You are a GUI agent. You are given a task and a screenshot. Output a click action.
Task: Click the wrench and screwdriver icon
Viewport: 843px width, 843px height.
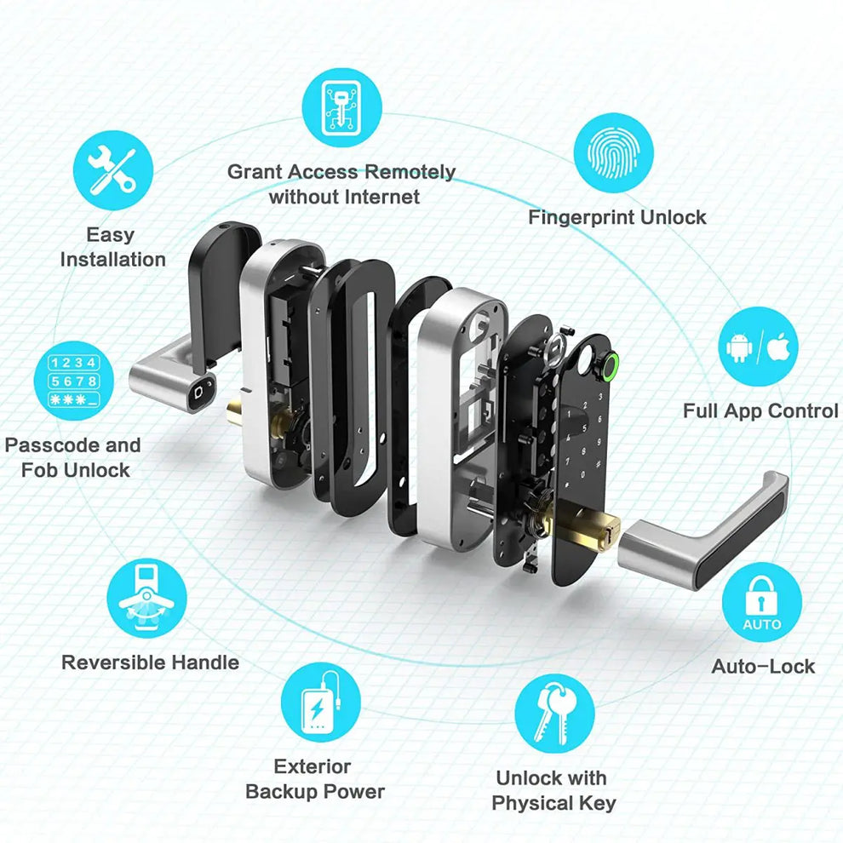pos(113,169)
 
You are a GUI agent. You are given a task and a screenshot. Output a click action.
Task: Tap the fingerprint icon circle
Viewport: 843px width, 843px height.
pos(612,152)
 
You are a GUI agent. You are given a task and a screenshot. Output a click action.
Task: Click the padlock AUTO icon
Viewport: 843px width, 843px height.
pos(761,603)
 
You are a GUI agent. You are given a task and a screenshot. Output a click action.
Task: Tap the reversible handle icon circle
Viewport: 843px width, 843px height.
pos(147,598)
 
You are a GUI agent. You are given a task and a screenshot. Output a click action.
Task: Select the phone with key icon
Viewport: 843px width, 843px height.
pos(341,108)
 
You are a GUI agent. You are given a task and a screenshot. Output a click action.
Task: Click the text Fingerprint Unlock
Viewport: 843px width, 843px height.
pos(616,217)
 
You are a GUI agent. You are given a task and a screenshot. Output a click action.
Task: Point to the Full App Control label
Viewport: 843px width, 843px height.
pos(760,411)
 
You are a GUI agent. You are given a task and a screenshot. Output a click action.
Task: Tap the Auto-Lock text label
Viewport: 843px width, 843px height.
pos(763,666)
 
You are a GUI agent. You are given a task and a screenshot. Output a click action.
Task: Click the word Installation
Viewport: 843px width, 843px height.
pos(112,260)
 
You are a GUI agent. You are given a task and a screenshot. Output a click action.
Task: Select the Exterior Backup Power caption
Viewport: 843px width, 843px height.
pos(314,779)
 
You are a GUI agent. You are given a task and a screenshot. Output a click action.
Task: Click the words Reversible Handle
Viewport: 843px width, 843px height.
pos(150,662)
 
